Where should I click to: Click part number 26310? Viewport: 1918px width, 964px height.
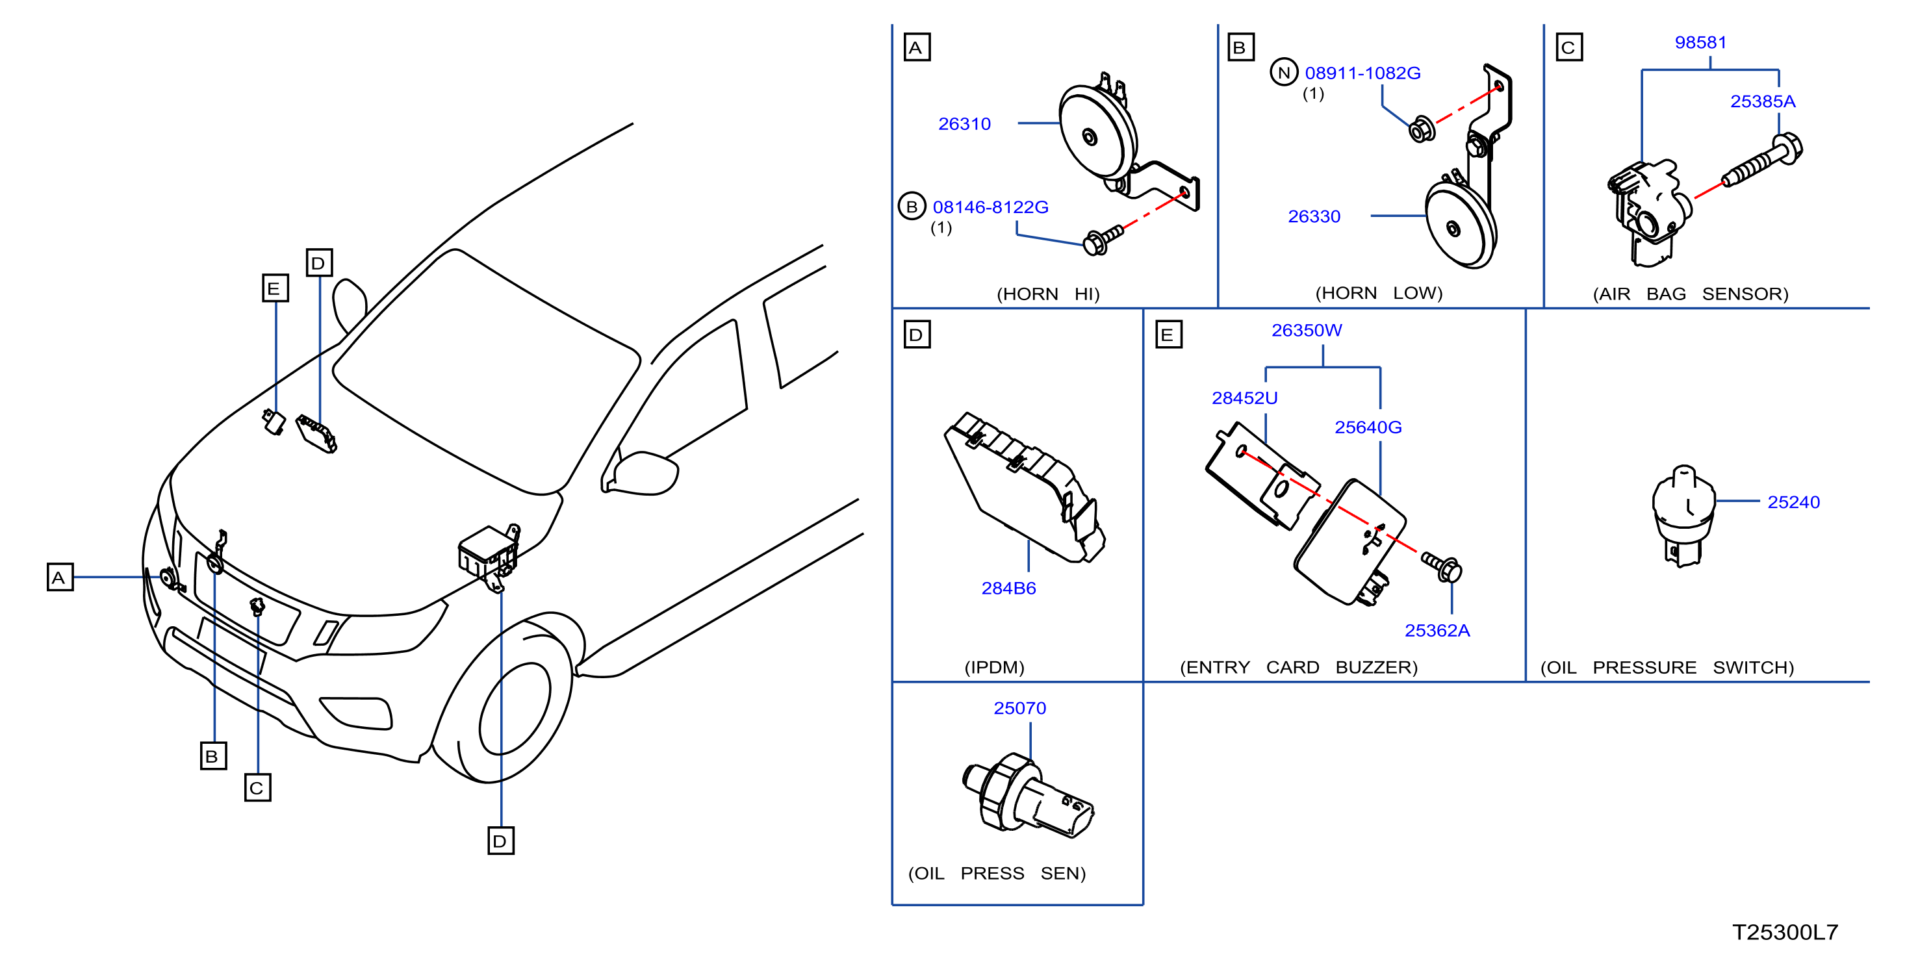(964, 123)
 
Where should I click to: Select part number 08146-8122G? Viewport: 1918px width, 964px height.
(990, 207)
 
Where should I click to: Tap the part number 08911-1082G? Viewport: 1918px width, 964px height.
(1362, 73)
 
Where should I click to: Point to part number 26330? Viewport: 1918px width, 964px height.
(1314, 216)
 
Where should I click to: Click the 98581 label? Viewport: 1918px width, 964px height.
(1700, 42)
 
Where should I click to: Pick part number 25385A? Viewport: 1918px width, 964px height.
(1762, 101)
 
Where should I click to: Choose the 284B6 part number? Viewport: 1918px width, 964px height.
(1008, 588)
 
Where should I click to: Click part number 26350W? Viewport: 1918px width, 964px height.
(1307, 330)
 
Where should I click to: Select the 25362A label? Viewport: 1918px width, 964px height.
(1437, 631)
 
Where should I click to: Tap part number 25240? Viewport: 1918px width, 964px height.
(1794, 503)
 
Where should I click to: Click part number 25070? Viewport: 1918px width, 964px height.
(1019, 708)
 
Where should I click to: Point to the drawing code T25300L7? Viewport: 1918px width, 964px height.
(1785, 932)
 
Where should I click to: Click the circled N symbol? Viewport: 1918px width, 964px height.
(1284, 72)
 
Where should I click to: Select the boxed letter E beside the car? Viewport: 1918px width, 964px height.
(275, 288)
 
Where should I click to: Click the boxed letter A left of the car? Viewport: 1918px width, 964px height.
(60, 577)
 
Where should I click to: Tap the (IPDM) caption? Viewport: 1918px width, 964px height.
(994, 667)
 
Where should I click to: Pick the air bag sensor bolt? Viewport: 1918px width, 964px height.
(1761, 161)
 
